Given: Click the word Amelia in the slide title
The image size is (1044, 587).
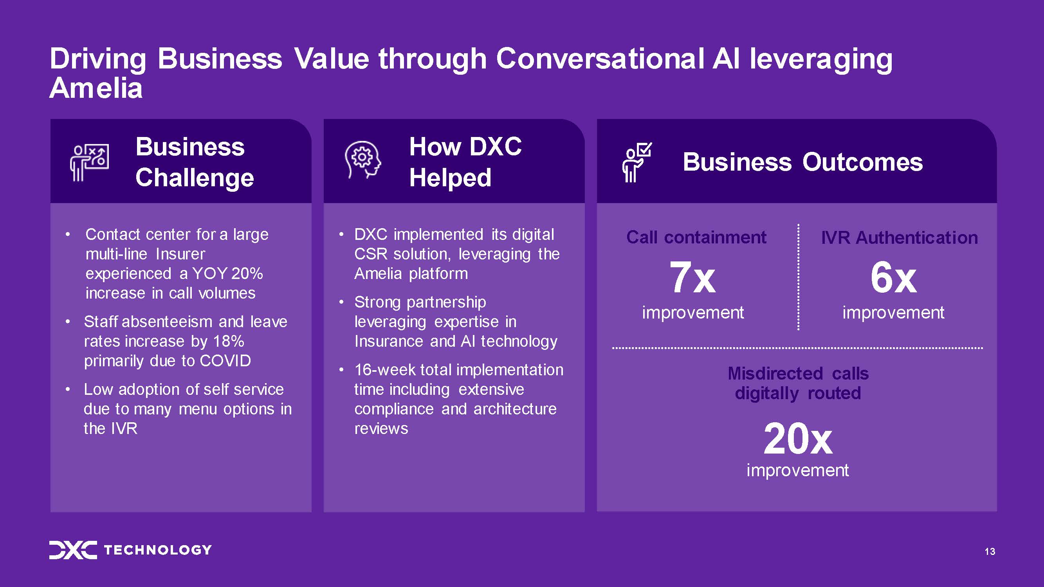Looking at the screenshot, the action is [x=96, y=88].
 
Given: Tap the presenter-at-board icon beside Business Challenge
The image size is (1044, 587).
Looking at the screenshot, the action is [x=89, y=162].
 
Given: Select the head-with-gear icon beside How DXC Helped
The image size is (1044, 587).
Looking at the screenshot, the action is [x=363, y=160].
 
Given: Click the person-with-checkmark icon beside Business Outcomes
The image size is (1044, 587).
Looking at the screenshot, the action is [x=636, y=162].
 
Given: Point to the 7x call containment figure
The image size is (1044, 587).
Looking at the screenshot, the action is [x=692, y=277].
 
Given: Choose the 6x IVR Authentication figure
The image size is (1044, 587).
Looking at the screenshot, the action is [x=893, y=277].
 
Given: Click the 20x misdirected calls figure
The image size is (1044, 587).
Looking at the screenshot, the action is [x=798, y=439].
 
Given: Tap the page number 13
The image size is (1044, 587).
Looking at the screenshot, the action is [x=990, y=551].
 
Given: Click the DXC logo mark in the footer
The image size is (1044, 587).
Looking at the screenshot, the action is [x=73, y=550].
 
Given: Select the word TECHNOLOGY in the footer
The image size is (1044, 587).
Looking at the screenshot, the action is [x=158, y=550].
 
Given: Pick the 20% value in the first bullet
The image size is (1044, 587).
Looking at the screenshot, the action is [x=247, y=274].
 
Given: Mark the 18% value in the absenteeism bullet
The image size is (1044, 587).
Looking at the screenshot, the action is [x=229, y=341].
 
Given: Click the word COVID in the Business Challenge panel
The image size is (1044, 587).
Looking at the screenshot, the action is [x=225, y=360].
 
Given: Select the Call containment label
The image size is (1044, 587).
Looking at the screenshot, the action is [x=696, y=238].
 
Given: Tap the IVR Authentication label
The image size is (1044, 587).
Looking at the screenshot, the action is [x=899, y=238].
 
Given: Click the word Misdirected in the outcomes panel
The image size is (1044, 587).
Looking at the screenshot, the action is [x=775, y=373].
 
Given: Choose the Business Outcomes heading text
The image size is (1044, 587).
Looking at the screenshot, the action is [x=803, y=162].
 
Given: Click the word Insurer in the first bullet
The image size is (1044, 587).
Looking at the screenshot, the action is [x=180, y=254].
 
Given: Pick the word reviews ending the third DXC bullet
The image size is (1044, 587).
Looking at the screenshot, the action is [x=381, y=429].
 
